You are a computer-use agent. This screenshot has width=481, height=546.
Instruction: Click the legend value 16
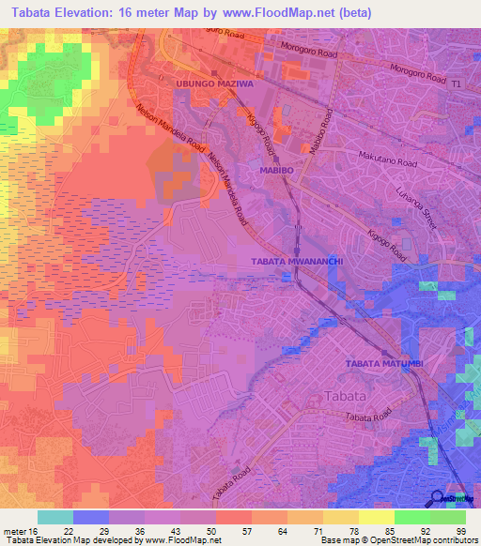[30, 530]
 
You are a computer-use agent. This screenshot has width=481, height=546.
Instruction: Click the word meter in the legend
[12, 530]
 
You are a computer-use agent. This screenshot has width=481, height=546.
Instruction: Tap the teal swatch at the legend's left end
[55, 517]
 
